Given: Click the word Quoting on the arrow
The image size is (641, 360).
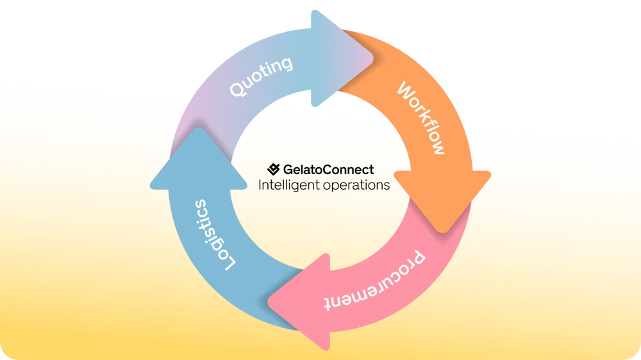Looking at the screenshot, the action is point(261,76).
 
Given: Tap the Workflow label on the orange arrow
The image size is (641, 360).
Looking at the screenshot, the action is point(421,118).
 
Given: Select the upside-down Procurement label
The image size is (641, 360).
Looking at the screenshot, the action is point(375,282).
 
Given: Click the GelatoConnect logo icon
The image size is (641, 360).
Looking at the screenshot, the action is point(274,169).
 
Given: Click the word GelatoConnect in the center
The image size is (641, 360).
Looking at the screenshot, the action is point(328,169).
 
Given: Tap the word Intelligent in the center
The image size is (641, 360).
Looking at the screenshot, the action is point(289,185).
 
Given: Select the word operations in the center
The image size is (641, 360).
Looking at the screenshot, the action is point(356,186).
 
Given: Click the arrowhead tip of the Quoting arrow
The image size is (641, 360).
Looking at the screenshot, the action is point(373,58).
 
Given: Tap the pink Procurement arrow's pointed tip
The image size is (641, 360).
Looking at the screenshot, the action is point(268,303).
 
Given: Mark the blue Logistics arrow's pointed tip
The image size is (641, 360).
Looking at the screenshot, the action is point(199,128).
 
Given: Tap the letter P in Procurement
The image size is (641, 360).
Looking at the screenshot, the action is point(417,258).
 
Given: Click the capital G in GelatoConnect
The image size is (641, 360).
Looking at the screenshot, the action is point(288,169).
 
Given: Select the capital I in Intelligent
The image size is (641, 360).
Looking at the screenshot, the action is point(260,184).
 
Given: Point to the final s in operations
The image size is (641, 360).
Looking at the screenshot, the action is point(387,186).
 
